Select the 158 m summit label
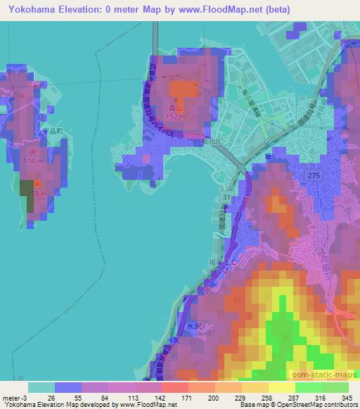click(37, 193)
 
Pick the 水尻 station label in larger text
click(194, 326)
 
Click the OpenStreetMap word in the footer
click(290, 405)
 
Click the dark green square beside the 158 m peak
click(30, 203)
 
